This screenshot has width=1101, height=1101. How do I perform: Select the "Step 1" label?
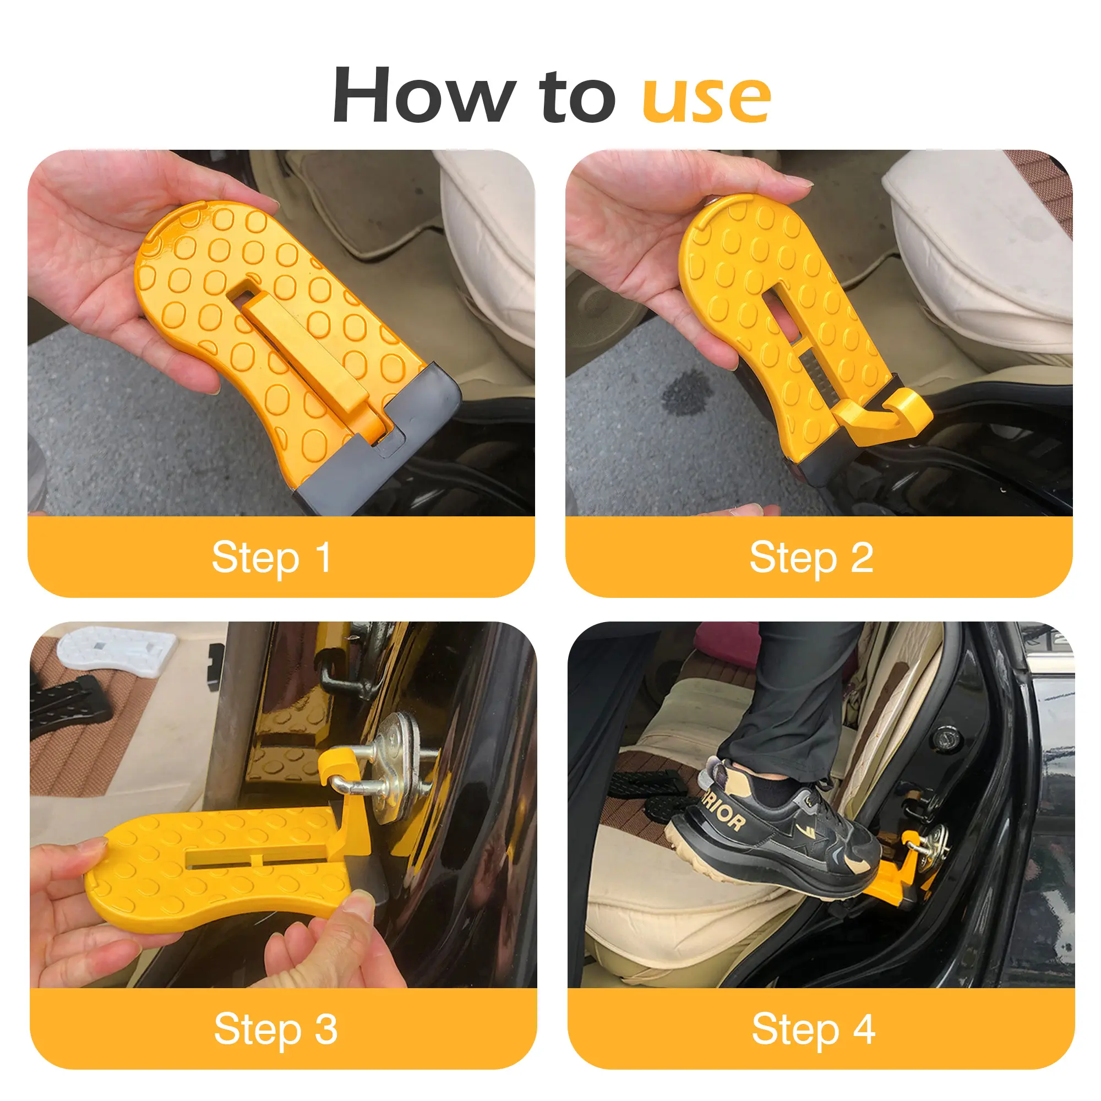click(x=271, y=558)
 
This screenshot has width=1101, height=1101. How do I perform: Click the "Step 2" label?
click(x=811, y=558)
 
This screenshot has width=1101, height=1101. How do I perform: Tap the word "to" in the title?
click(x=579, y=97)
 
